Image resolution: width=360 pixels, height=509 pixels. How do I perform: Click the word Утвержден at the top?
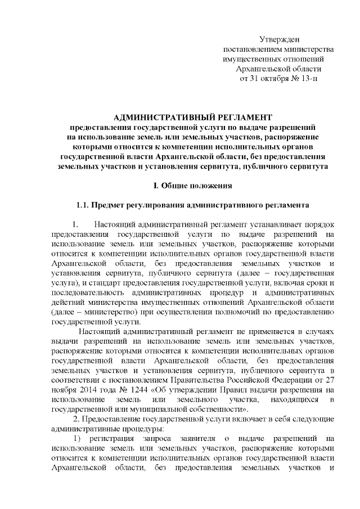(280, 39)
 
